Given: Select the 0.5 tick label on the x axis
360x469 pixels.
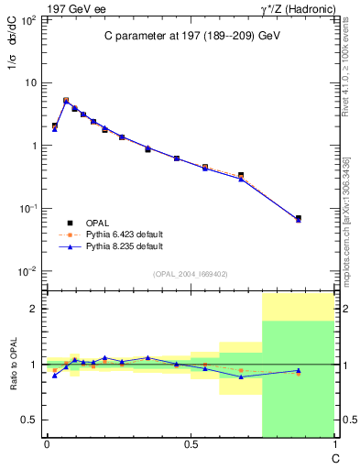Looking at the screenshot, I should click(190, 446).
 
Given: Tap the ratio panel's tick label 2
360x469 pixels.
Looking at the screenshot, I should click(34, 309).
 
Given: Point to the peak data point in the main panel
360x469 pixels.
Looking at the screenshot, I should click(66, 100).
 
